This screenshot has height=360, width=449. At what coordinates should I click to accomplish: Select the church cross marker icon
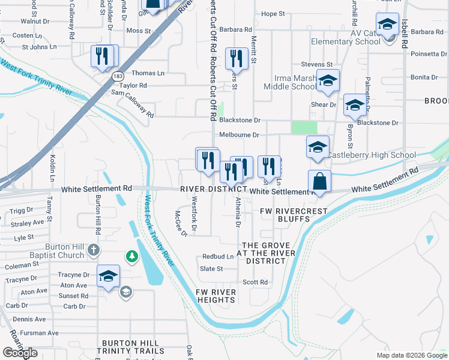pyautogui.click(x=93, y=249)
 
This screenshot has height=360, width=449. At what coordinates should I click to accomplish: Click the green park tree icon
pyautogui.click(x=131, y=257)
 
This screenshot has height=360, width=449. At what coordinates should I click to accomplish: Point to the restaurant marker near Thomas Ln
pyautogui.click(x=103, y=56)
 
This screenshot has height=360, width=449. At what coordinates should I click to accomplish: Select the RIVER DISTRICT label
pyautogui.click(x=214, y=190)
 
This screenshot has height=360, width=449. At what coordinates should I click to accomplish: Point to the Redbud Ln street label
pyautogui.click(x=217, y=257)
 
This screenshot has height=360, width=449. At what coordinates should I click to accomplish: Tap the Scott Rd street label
pyautogui.click(x=255, y=282)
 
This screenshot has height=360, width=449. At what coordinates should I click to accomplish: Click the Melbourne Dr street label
pyautogui.click(x=239, y=136)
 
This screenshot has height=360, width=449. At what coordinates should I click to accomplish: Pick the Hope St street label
pyautogui.click(x=273, y=14)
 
